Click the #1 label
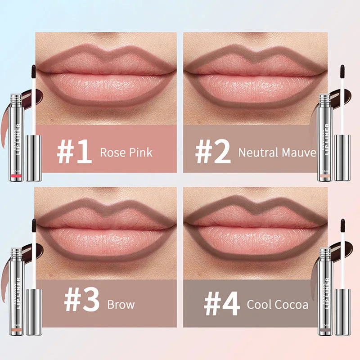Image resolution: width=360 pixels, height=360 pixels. click(x=75, y=152)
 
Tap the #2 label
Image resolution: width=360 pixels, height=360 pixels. click(x=212, y=152)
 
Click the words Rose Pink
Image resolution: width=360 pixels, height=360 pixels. click(x=126, y=152)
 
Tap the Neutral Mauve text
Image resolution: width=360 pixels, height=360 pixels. click(x=277, y=152)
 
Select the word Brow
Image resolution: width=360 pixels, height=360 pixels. click(x=121, y=305)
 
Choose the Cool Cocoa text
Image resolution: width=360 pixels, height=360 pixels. click(x=278, y=305)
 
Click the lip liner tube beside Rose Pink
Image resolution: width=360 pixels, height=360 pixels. click(x=16, y=137)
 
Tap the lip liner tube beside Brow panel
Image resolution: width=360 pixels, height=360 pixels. click(x=16, y=290)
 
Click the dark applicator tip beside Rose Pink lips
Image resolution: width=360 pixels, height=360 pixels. click(x=33, y=70)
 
